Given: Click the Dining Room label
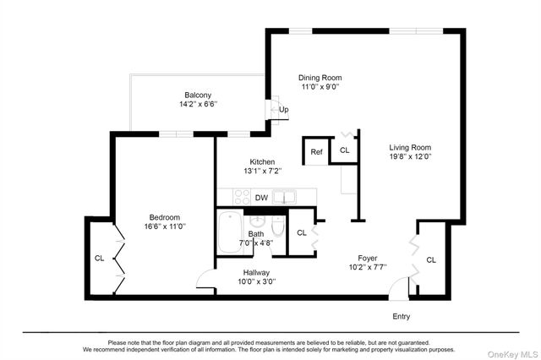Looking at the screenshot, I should pyautogui.click(x=320, y=77).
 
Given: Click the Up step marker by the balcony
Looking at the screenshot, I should pyautogui.click(x=284, y=110).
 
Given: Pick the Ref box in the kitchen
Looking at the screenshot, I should pyautogui.click(x=316, y=152).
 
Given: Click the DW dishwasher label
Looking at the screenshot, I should pyautogui.click(x=262, y=199).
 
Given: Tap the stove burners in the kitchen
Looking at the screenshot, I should pyautogui.click(x=241, y=197).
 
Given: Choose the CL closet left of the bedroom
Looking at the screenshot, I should pyautogui.click(x=99, y=258).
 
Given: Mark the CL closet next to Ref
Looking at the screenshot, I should pyautogui.click(x=344, y=150).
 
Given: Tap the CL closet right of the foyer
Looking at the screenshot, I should pyautogui.click(x=431, y=259).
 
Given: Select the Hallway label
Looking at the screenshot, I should pyautogui.click(x=256, y=272).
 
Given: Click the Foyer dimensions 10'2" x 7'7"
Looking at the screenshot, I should pyautogui.click(x=367, y=267).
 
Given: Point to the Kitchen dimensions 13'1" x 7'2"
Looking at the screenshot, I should pyautogui.click(x=261, y=171).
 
